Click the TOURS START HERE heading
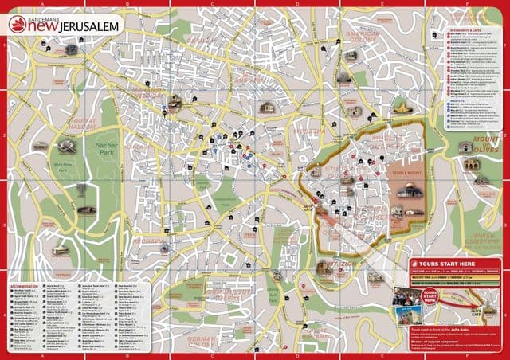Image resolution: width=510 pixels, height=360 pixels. tap(447, 263)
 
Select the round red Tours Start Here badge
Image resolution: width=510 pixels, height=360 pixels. tap(431, 299)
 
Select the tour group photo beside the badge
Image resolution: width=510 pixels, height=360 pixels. tap(406, 296)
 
